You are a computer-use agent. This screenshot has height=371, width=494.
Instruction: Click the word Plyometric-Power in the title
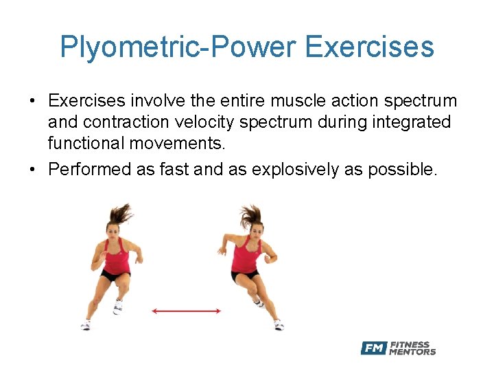(177, 47)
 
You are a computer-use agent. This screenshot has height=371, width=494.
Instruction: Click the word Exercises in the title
(369, 47)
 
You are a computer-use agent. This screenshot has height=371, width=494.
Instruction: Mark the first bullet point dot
(32, 102)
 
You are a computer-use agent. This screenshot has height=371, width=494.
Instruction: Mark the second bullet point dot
(32, 170)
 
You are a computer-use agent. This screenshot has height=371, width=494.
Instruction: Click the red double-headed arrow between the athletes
(186, 311)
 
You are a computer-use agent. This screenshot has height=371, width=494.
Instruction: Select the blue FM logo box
(374, 348)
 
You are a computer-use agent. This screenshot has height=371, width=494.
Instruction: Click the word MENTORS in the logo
(412, 352)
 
